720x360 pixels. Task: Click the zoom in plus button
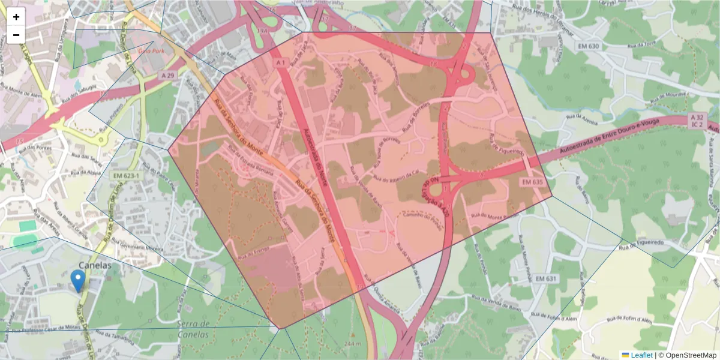click(x=16, y=17)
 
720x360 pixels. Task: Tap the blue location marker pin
click(x=77, y=280)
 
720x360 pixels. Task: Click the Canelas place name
click(x=95, y=265)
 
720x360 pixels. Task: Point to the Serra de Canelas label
click(x=193, y=329)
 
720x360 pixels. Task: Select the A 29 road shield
click(x=169, y=75)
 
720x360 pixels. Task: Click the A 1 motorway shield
click(x=281, y=62)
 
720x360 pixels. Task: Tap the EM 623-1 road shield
click(x=125, y=175)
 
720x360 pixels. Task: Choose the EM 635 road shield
click(x=532, y=182)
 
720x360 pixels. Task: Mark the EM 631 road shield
click(x=547, y=278)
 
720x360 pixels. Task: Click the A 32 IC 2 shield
click(x=697, y=121)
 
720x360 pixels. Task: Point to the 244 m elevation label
click(x=353, y=343)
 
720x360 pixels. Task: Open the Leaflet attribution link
click(x=641, y=355)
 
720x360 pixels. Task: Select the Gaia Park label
click(x=151, y=52)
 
